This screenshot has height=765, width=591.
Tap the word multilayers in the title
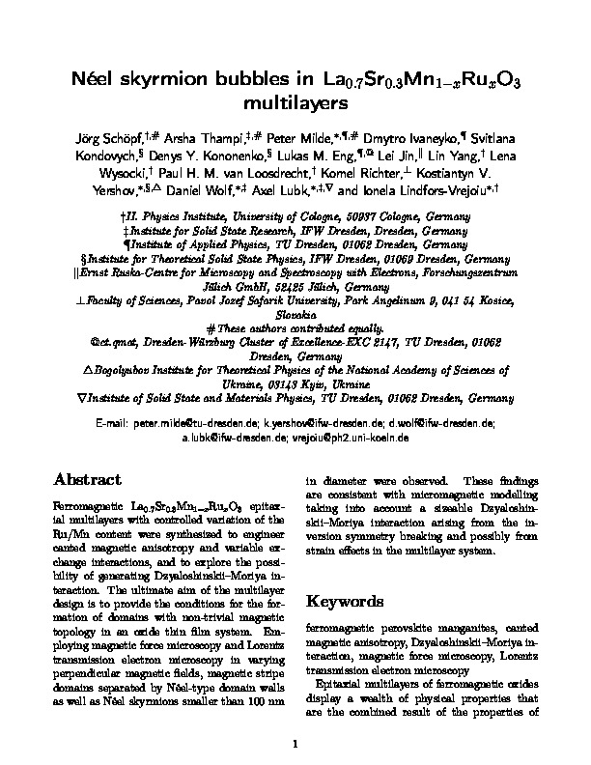coord(295,101)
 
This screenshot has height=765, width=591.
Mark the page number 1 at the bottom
coord(295,744)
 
